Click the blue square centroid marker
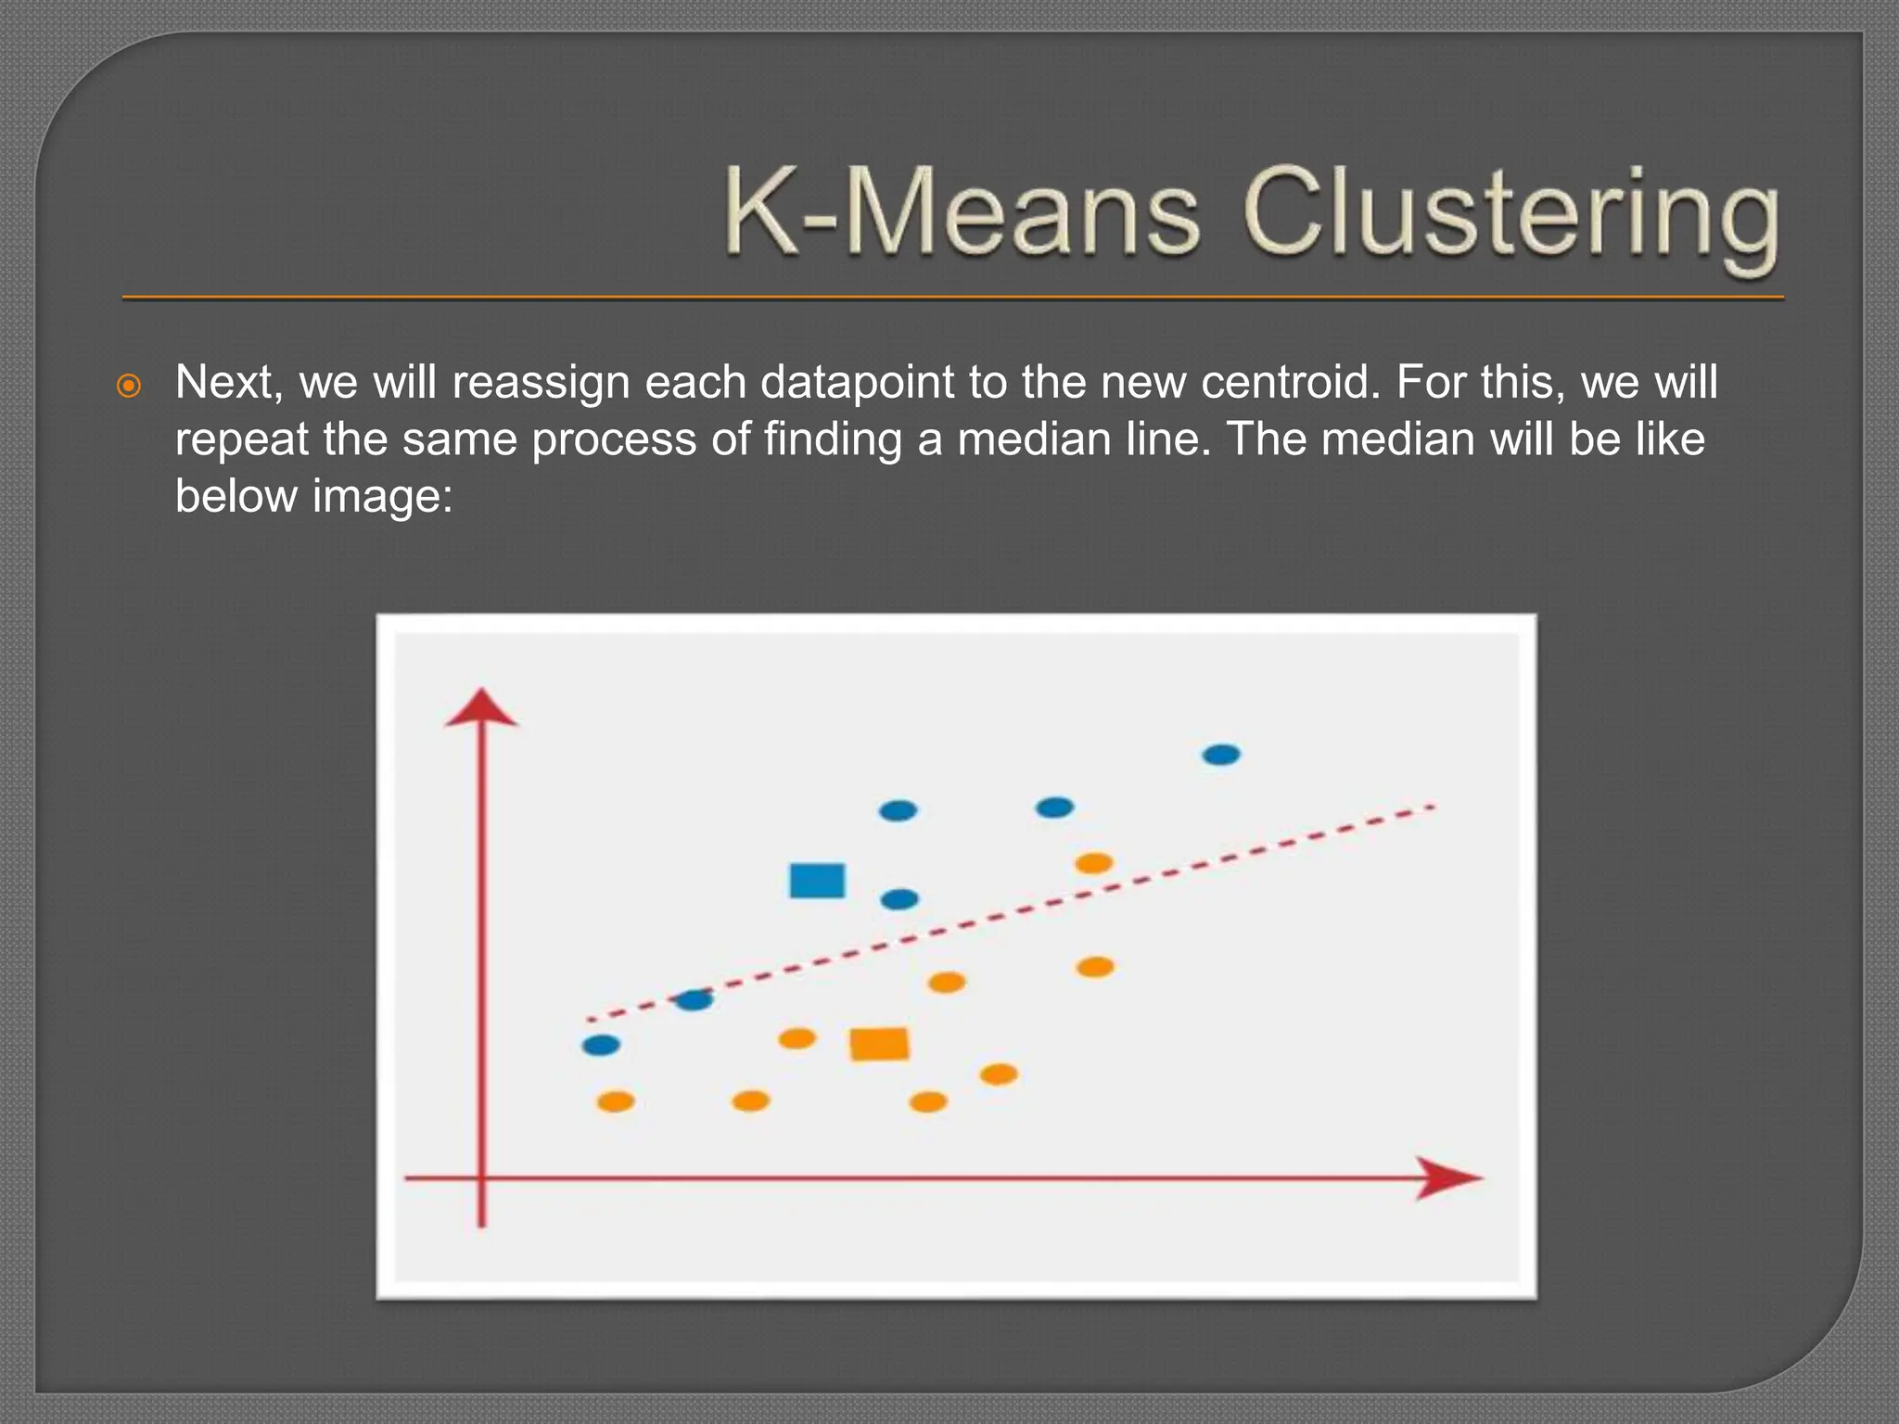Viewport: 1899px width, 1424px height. click(817, 881)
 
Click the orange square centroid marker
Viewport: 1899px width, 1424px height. click(879, 1044)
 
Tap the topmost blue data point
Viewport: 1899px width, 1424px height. click(1220, 755)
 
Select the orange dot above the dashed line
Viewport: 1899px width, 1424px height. click(1093, 863)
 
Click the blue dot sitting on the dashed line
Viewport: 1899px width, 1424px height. click(694, 1000)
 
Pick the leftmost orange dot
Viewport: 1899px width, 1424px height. click(616, 1101)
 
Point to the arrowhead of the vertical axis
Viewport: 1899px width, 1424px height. click(481, 708)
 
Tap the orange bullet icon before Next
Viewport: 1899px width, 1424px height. click(129, 386)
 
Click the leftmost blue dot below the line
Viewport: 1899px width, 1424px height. click(601, 1046)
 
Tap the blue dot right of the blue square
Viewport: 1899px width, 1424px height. click(899, 899)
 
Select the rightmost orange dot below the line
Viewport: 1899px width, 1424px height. click(1094, 967)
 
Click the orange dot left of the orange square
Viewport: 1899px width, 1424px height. click(797, 1038)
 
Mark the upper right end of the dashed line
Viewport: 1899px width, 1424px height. click(1433, 807)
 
